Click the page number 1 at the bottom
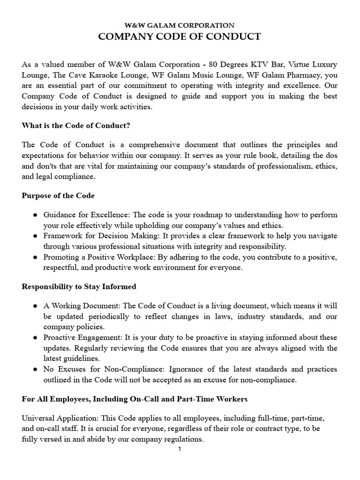click(x=180, y=449)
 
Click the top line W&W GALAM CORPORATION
click(x=180, y=26)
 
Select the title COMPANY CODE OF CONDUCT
click(x=180, y=37)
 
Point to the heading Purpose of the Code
click(x=58, y=195)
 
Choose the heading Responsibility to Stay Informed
click(x=79, y=286)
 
